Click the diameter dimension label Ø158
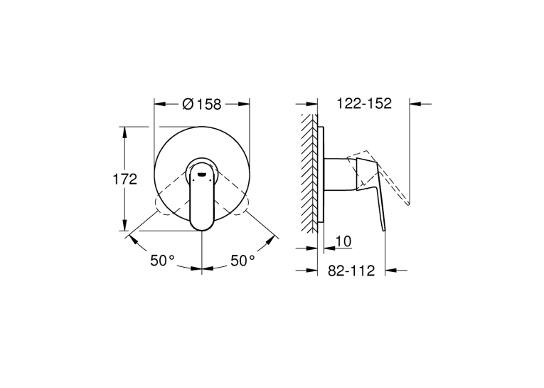(201, 104)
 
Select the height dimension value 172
(125, 179)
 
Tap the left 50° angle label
(162, 260)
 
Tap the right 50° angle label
(243, 260)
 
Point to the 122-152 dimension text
(364, 103)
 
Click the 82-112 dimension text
(351, 271)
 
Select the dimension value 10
(343, 241)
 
